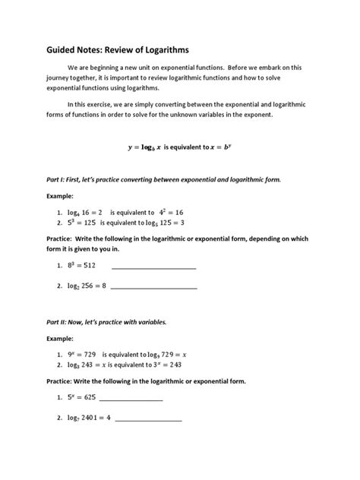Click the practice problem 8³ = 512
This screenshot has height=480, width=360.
(x=84, y=267)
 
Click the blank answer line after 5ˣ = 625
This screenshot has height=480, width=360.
(x=131, y=399)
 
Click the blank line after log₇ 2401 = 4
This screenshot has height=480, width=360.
(x=149, y=419)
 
